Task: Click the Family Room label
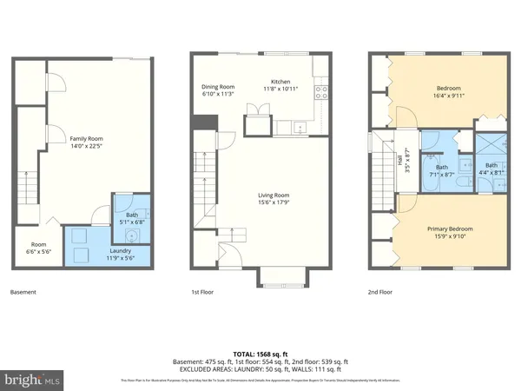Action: (86, 141)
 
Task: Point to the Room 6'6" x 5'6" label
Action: (39, 248)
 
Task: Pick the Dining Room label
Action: (219, 90)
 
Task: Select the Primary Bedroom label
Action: (450, 234)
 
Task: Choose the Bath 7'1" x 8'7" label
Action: (442, 171)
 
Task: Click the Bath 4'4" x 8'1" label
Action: (492, 169)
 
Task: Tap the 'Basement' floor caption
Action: (23, 292)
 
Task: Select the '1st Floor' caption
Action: (202, 292)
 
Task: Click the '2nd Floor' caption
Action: (380, 292)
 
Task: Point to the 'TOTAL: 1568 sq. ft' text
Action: (260, 353)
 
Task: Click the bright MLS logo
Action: (33, 380)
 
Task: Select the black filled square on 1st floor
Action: (199, 137)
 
